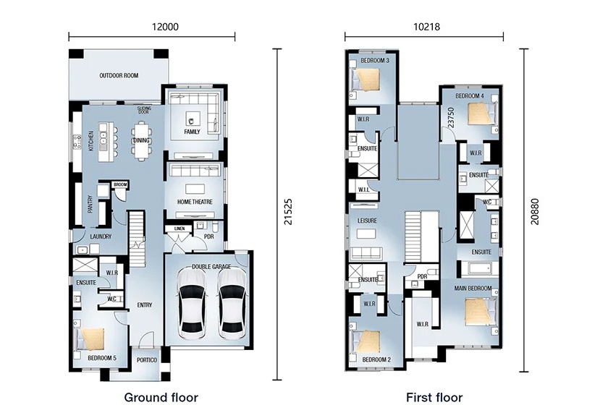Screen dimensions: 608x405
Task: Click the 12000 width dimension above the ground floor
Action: coord(165,27)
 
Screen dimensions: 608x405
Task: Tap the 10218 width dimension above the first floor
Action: coord(426,27)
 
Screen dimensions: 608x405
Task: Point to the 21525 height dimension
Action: coord(288,212)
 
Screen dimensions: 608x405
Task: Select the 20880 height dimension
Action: coord(535,212)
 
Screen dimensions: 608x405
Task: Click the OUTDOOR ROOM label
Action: coord(119,75)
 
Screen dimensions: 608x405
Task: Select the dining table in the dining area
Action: coord(141,141)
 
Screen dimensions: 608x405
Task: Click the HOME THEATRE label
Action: coord(195,202)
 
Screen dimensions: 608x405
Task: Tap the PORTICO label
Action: coord(147,360)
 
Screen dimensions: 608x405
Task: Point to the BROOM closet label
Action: coord(120,184)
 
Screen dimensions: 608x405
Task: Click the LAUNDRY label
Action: coord(101,236)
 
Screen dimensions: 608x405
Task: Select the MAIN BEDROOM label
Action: coord(473,289)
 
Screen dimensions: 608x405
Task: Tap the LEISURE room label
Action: coord(367,221)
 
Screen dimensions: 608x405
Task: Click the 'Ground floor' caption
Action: coord(161,397)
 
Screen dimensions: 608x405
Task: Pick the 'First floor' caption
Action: coord(434,397)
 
